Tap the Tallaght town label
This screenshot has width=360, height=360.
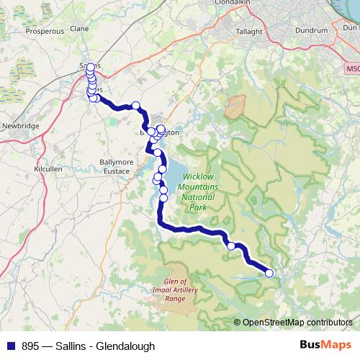[x=253, y=31]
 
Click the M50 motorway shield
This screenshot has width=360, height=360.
[x=351, y=69]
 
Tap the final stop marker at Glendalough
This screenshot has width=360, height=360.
[x=270, y=272]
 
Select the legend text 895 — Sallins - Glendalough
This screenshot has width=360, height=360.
[x=88, y=346]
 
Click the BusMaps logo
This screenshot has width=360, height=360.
[x=326, y=345]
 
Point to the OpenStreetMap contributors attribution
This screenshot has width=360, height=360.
[x=297, y=323]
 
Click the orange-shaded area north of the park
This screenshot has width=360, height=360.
[x=235, y=107]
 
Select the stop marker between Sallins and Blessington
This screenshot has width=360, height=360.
[x=135, y=106]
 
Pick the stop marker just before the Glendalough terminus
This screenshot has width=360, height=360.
[x=231, y=246]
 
